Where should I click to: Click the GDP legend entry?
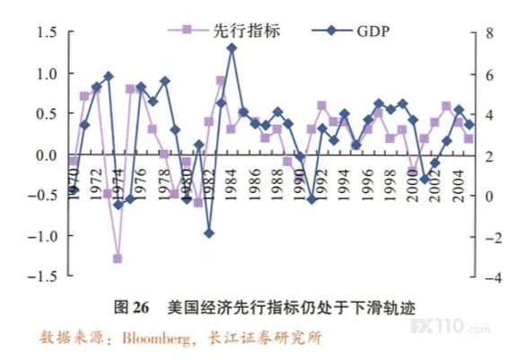tap(351, 31)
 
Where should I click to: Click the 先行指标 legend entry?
tap(223, 31)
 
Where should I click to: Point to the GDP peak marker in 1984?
tap(232, 48)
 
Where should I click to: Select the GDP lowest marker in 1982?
tap(209, 233)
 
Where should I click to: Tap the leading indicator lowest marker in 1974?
tap(118, 259)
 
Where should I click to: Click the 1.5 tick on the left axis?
tap(46, 32)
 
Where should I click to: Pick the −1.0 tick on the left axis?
tap(42, 236)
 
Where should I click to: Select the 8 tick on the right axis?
tap(490, 33)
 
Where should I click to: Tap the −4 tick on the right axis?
tap(493, 278)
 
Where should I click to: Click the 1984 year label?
tap(232, 185)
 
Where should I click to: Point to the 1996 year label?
tap(368, 185)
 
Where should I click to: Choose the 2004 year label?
tap(459, 186)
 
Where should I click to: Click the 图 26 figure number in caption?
tap(132, 307)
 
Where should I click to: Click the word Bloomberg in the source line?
tap(156, 338)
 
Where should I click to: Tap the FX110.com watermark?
tap(451, 327)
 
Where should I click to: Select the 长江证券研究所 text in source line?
tap(265, 338)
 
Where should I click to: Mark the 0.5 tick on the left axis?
tap(46, 114)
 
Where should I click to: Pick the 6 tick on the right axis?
tap(490, 75)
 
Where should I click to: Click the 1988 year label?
tap(277, 185)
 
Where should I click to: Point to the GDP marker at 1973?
tap(109, 76)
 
